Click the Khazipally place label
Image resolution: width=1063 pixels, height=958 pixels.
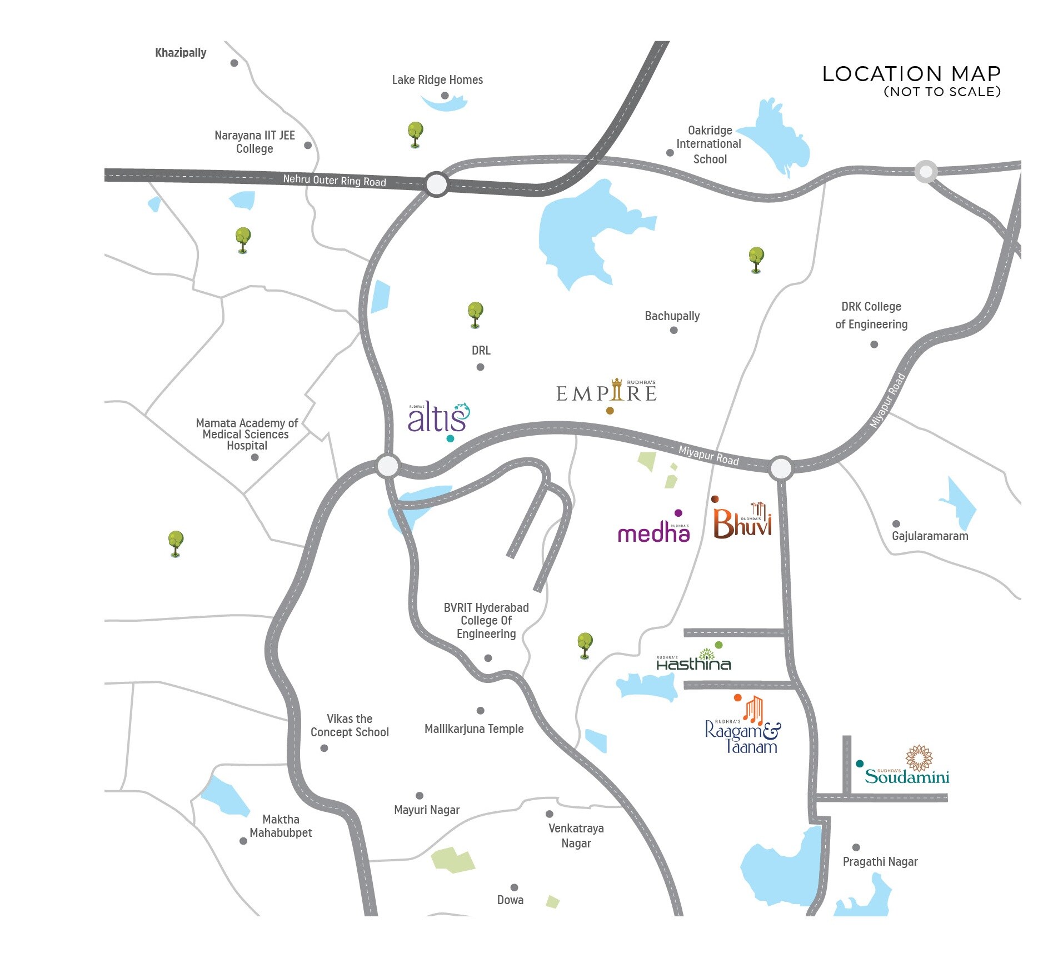[181, 53]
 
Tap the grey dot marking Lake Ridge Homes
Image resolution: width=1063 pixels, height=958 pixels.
[445, 96]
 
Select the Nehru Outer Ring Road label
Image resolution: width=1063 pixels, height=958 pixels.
[334, 180]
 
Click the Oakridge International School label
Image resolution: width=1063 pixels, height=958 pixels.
[708, 144]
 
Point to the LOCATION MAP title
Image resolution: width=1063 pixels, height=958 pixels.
[911, 74]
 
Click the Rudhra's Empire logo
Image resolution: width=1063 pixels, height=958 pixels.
[606, 392]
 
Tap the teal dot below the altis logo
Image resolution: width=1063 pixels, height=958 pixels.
[450, 438]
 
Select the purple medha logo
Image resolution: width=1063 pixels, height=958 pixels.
[653, 533]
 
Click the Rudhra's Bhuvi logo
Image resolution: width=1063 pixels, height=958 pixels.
[742, 522]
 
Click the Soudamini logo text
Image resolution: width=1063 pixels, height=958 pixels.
[907, 776]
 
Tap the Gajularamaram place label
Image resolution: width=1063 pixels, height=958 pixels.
[930, 536]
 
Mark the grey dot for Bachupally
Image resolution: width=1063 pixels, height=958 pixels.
[673, 330]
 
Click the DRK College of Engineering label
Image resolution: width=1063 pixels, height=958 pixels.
[871, 315]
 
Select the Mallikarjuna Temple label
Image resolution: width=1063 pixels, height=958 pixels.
[474, 729]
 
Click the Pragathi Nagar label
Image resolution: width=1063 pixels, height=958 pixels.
[880, 862]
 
